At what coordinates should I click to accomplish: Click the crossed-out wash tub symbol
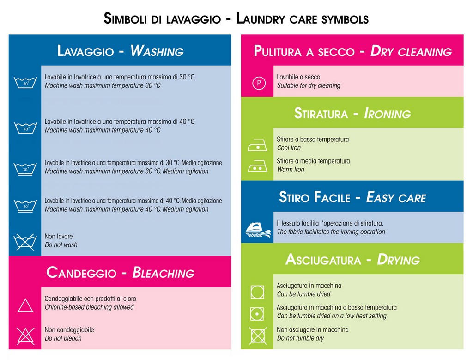(25, 241)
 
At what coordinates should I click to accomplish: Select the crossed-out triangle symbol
(26, 336)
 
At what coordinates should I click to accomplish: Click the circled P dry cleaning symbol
(259, 83)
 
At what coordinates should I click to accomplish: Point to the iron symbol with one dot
(257, 146)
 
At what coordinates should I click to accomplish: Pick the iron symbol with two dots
(257, 166)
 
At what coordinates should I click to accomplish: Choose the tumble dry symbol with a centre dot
(257, 314)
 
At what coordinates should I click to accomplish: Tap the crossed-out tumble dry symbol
(258, 336)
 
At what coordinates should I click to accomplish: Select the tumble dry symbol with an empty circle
(257, 292)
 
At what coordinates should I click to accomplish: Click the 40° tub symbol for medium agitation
(25, 206)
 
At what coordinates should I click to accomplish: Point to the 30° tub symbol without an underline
(25, 82)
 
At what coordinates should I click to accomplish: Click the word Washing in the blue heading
(157, 51)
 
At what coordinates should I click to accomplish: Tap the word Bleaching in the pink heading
(163, 272)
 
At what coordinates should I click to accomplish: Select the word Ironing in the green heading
(388, 114)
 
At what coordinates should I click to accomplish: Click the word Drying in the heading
(398, 260)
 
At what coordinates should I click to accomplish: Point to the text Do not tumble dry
(300, 338)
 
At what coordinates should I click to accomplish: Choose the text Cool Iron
(289, 148)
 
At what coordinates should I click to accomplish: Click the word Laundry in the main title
(261, 18)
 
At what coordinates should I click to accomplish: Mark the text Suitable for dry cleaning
(309, 85)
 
